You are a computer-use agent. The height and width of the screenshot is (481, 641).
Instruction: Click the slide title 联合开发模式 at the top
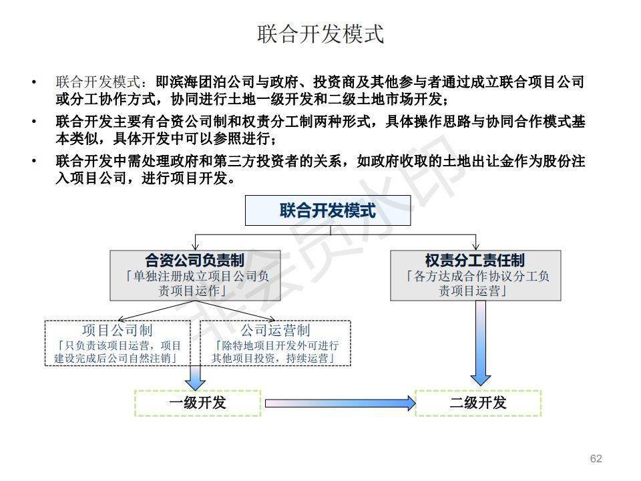coord(320,34)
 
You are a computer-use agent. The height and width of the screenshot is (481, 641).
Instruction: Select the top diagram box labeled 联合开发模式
coord(327,211)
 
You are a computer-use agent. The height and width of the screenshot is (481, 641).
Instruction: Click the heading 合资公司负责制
coord(194,261)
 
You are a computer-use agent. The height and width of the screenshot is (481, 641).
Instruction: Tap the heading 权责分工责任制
coord(475,261)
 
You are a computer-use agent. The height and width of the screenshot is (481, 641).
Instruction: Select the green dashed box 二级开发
coord(477,403)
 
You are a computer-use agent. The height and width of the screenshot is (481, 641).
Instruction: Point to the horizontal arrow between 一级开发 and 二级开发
coord(341,403)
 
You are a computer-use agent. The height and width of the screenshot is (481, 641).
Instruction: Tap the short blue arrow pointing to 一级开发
coord(195,377)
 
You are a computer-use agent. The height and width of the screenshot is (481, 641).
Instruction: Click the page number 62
coord(596,458)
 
